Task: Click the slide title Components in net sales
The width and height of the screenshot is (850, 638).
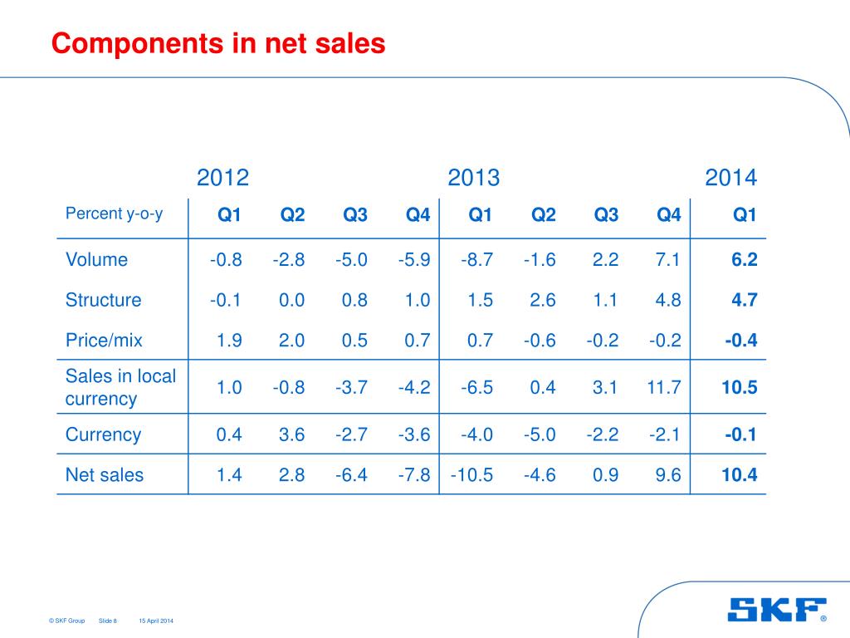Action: point(218,43)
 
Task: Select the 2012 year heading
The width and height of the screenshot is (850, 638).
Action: point(222,178)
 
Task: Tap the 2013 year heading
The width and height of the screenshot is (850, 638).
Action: point(473,178)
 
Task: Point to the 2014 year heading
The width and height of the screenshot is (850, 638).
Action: point(730,178)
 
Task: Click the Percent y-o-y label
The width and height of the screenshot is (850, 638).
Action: point(115,213)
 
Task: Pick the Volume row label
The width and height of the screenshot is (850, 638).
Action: point(96,260)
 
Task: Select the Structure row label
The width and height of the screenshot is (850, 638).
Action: point(103,300)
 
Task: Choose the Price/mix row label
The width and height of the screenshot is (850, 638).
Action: point(104,340)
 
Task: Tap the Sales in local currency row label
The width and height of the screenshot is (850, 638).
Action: point(120,387)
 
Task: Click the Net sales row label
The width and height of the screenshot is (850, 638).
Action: point(104,475)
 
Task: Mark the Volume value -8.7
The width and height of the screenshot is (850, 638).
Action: point(477,260)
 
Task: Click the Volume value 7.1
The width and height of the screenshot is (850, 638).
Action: point(667,260)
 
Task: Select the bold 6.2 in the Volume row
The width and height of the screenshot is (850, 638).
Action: point(744,260)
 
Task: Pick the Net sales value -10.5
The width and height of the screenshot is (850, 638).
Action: point(472,475)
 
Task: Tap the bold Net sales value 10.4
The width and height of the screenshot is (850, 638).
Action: point(740,475)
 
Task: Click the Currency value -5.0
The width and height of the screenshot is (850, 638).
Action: point(540,434)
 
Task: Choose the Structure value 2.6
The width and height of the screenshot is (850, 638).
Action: point(543,300)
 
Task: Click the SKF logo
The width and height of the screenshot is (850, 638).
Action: point(777,610)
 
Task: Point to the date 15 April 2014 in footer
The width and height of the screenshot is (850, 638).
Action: point(156,621)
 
